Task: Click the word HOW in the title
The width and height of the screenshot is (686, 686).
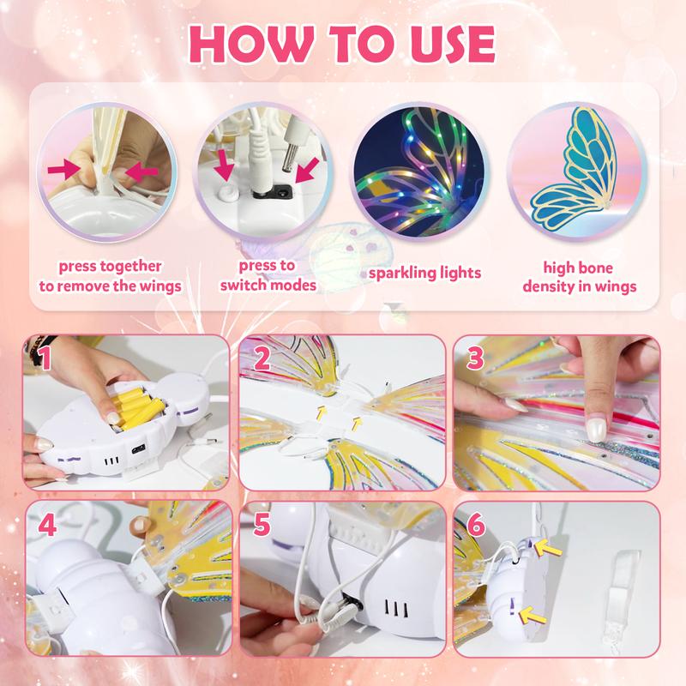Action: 244,43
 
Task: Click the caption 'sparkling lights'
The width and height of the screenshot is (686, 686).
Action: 424,274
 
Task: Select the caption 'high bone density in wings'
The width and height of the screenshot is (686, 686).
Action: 580,276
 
